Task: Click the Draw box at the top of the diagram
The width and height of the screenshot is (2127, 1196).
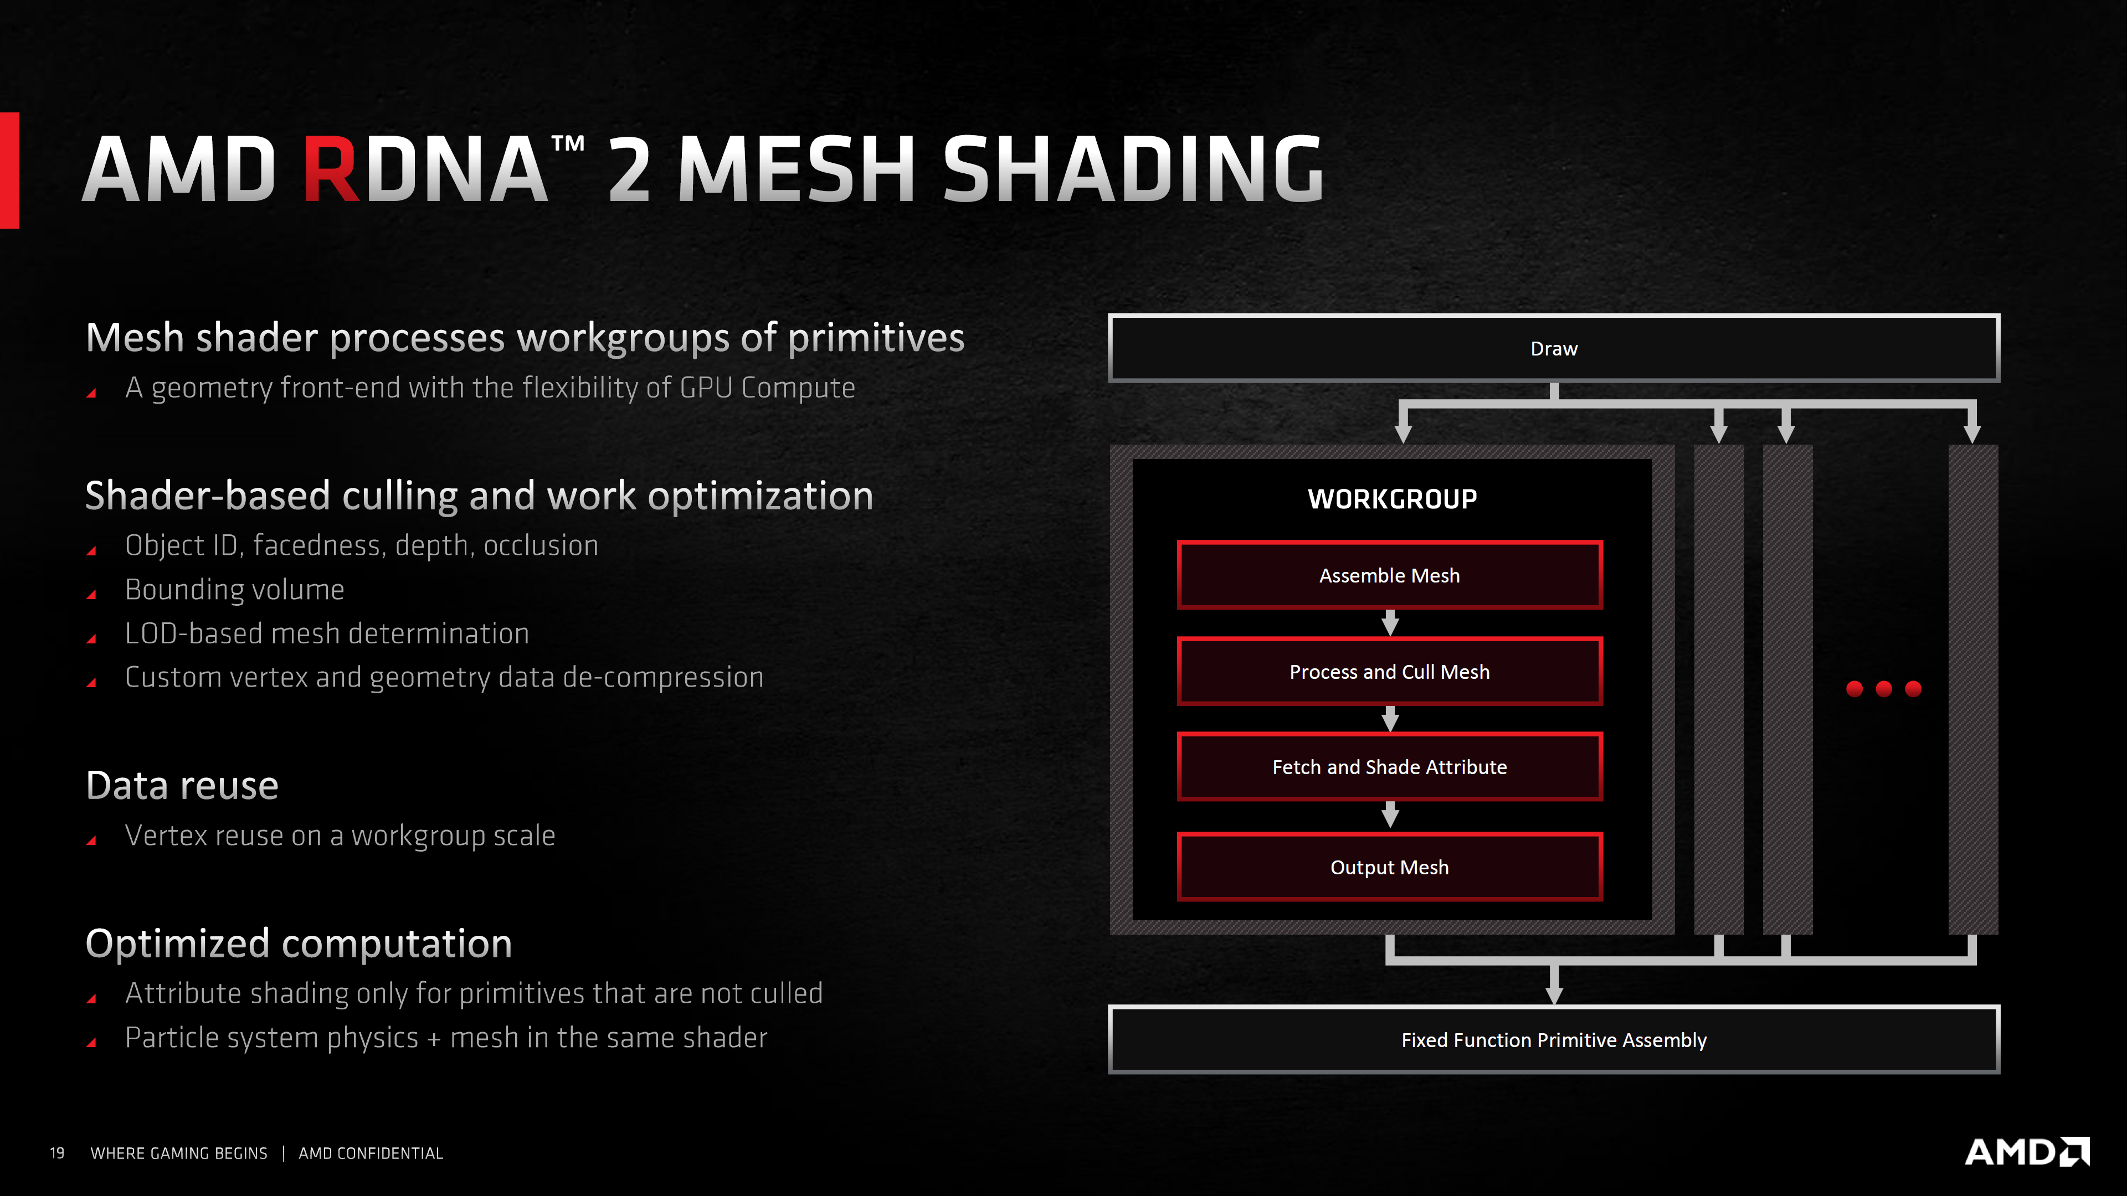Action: [x=1553, y=348]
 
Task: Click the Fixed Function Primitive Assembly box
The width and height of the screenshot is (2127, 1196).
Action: [x=1553, y=1040]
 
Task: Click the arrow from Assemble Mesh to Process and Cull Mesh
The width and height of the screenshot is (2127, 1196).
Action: [x=1390, y=623]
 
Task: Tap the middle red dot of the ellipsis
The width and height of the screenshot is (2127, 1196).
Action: [x=1883, y=688]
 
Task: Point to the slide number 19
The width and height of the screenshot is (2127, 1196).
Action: [x=57, y=1153]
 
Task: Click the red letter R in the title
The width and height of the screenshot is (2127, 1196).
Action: [x=330, y=169]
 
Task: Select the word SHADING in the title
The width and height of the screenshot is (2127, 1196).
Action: [x=1133, y=169]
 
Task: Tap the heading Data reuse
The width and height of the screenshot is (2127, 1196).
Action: [x=182, y=785]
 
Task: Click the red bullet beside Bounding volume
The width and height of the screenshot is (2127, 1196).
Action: [x=91, y=594]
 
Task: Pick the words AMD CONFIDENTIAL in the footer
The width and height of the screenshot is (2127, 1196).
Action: [x=371, y=1153]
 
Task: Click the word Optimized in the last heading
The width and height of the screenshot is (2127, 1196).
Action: [x=177, y=944]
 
